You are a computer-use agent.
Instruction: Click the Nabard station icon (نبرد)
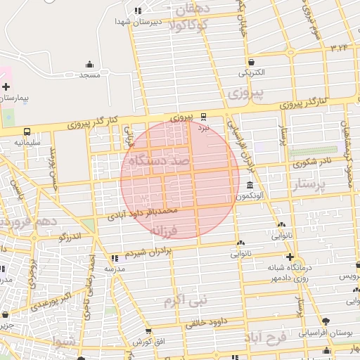point(203,116)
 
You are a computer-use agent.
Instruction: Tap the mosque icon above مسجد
point(89,64)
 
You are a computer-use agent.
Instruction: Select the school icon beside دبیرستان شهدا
point(138,11)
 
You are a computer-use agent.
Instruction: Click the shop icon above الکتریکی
point(251,61)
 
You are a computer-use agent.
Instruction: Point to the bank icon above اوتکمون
point(251,185)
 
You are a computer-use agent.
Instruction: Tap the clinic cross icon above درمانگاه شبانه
point(289,257)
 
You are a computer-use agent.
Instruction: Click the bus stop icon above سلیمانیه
point(27,131)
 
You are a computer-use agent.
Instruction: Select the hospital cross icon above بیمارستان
point(6,87)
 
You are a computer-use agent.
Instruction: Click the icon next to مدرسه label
point(115,258)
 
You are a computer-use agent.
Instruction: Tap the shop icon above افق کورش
point(148,331)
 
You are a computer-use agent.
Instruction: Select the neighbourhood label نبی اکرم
point(186,300)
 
